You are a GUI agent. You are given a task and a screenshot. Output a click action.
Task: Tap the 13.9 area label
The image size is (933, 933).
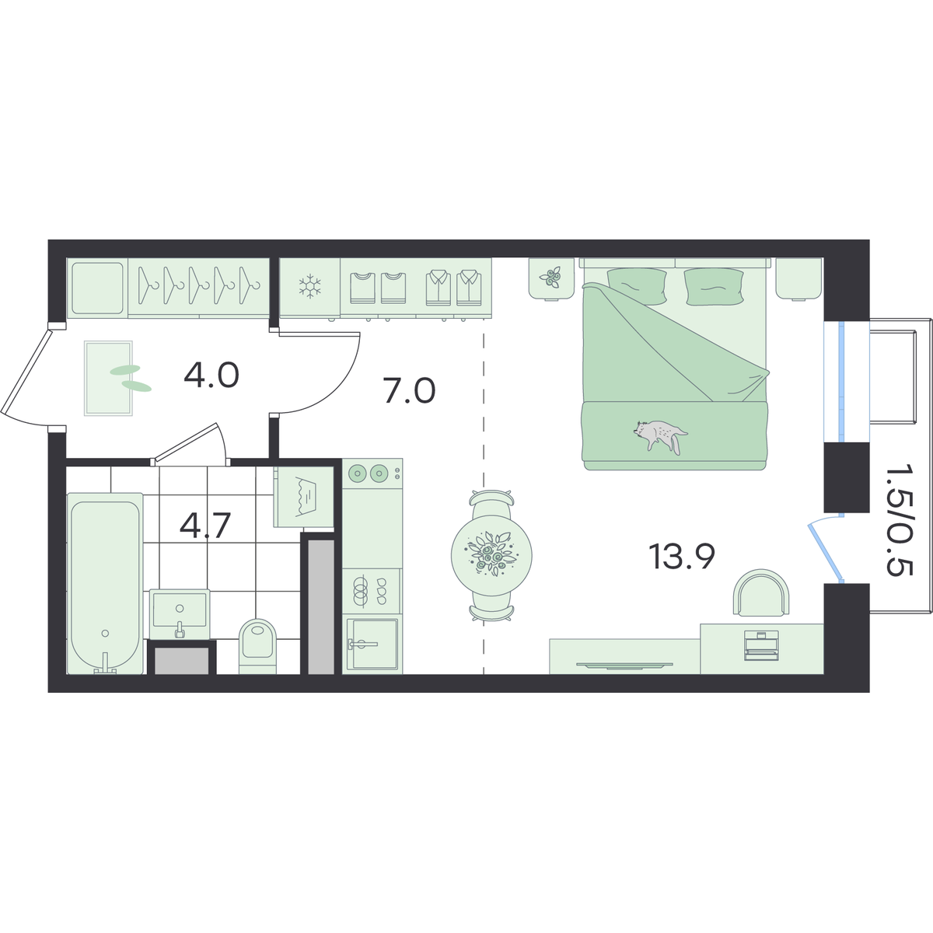683,557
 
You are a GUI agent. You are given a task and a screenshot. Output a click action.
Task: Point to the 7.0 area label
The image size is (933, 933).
410,392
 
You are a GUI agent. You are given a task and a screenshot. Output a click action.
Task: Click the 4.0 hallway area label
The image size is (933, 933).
211,376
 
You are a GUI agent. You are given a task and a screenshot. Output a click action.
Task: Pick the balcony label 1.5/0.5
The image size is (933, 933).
899,519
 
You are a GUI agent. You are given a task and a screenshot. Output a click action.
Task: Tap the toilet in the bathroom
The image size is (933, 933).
257,647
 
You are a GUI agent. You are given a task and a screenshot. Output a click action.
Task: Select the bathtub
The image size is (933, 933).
105,583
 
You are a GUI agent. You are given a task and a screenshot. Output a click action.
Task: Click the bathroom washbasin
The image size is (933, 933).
180,613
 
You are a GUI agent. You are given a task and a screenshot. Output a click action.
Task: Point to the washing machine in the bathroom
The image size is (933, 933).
303,497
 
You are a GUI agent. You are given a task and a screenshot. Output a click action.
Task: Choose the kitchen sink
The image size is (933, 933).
372,644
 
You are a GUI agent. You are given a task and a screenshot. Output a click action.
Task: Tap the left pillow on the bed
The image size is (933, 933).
630,286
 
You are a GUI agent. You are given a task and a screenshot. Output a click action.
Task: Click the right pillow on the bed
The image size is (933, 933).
713,287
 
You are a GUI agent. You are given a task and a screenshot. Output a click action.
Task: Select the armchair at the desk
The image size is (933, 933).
762,592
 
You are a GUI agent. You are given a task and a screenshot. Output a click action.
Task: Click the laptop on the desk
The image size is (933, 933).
762,645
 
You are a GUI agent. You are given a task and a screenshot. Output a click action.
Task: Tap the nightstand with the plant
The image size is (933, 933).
551,279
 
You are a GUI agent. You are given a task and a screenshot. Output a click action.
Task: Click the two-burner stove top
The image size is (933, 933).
372,473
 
